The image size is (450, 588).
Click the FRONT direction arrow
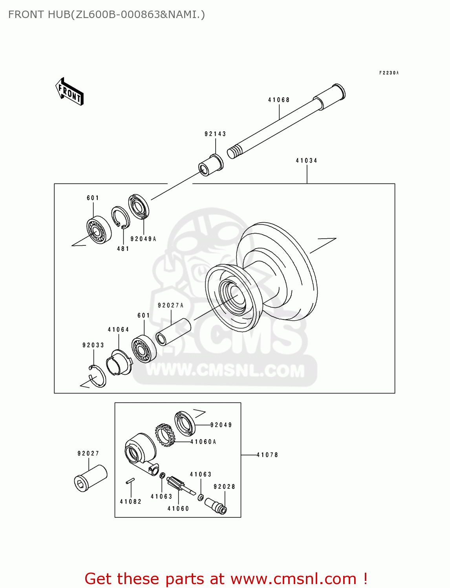[70, 92]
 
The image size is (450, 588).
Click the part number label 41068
[279, 100]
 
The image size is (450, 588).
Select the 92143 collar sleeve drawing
[211, 165]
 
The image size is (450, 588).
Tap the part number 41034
[306, 161]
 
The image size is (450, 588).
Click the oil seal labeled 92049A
[139, 207]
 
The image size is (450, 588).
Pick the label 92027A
[170, 305]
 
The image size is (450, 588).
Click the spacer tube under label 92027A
[173, 332]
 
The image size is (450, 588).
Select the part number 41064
[118, 330]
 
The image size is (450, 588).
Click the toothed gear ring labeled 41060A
[165, 435]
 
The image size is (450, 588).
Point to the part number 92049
[221, 425]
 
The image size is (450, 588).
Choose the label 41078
[267, 455]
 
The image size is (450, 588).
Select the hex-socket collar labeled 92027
[91, 478]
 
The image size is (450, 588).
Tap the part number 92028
[224, 487]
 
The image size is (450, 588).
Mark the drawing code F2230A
[389, 73]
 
